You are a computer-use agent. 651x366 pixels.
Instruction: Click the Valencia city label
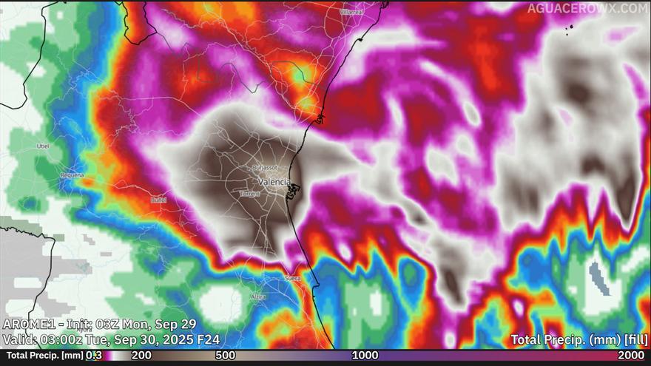click(x=274, y=181)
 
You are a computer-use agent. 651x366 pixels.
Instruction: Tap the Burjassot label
click(x=265, y=169)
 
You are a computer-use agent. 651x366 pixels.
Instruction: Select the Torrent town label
click(x=250, y=194)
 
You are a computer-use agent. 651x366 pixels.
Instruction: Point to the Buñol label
click(x=158, y=200)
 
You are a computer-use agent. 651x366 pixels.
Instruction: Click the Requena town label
click(x=72, y=175)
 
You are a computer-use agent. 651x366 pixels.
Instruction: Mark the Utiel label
click(x=42, y=146)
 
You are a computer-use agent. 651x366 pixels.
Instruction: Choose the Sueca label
click(x=293, y=278)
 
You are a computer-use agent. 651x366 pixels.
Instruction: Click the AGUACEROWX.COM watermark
click(x=587, y=8)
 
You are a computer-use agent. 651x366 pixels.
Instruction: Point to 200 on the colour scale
click(x=141, y=356)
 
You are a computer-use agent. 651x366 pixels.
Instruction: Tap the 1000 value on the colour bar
click(x=365, y=356)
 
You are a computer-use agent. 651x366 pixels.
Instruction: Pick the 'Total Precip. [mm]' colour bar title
click(x=41, y=356)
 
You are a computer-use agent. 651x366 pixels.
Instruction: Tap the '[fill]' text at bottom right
click(x=635, y=340)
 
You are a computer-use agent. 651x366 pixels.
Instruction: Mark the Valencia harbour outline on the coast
click(x=294, y=192)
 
